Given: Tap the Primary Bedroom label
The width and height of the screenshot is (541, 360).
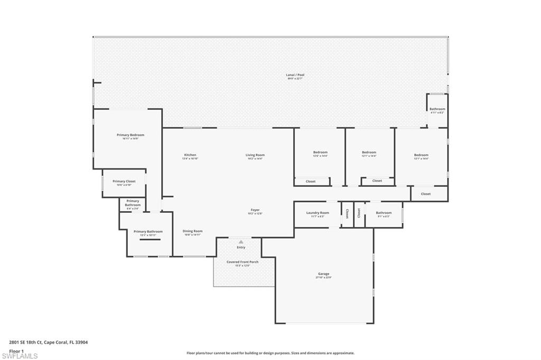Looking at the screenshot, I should [130, 135].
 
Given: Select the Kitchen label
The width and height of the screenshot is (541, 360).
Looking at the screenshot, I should [190, 155].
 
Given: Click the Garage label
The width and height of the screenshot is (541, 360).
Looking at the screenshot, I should [323, 274].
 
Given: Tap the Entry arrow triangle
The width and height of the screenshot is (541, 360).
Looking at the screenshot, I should [241, 242].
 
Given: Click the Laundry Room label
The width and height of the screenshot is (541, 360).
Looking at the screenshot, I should [318, 213].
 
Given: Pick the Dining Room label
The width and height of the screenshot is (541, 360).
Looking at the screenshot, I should [192, 231].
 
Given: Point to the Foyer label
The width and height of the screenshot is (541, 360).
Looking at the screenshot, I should [255, 210].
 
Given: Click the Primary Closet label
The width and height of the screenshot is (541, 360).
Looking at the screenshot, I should [124, 182].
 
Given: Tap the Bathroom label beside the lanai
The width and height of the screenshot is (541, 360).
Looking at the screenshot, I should [437, 109].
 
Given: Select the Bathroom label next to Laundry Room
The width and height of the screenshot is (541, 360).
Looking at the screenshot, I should [384, 213].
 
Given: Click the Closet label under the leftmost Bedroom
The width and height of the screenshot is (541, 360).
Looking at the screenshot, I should [311, 182].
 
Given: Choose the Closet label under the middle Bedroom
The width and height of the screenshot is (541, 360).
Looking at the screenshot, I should [377, 181].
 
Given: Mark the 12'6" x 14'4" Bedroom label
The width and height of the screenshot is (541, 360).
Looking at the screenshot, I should [320, 153].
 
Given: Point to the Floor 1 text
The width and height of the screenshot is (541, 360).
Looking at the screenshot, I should [17, 350].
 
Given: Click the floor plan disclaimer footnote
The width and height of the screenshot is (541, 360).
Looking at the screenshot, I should [270, 353].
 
